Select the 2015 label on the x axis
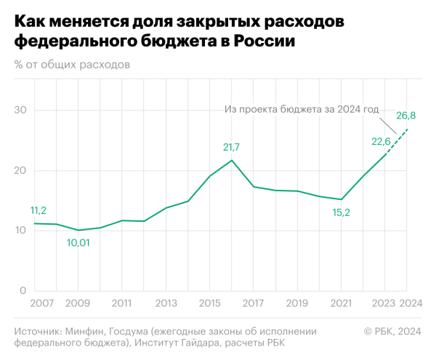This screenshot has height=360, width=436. pyautogui.click(x=210, y=303)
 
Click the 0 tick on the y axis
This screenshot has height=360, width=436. pyautogui.click(x=23, y=290)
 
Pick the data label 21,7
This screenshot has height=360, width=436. pyautogui.click(x=231, y=148)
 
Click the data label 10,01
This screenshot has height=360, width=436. pyautogui.click(x=79, y=243)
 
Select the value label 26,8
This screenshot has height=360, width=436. pyautogui.click(x=405, y=116)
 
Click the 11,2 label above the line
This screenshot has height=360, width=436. pyautogui.click(x=38, y=211)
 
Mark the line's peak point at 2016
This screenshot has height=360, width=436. pyautogui.click(x=232, y=160)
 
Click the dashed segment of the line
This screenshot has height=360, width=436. pyautogui.click(x=396, y=142)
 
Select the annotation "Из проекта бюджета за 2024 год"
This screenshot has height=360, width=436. pyautogui.click(x=302, y=110)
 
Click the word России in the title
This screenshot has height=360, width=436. pyautogui.click(x=265, y=41)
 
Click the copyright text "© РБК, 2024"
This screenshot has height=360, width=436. pyautogui.click(x=392, y=331)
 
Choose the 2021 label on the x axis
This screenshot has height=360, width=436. pyautogui.click(x=341, y=303)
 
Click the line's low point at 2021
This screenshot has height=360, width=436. pyautogui.click(x=341, y=199)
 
